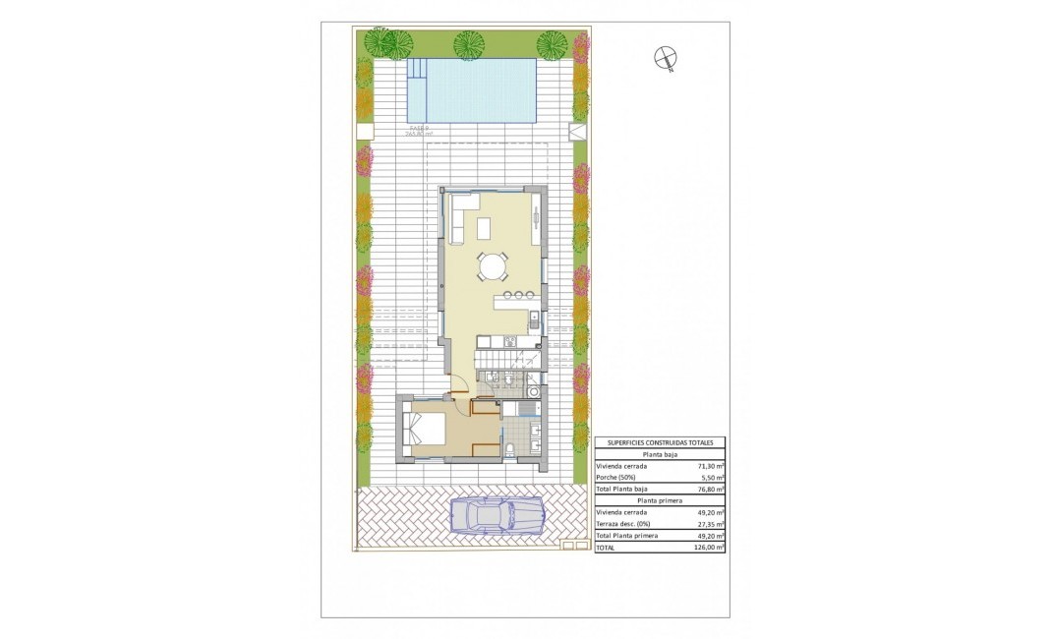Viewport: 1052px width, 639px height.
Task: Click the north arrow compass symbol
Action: tap(666, 59)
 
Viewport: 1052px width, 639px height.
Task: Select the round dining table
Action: tap(493, 265)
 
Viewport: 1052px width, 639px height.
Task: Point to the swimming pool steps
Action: tap(418, 71)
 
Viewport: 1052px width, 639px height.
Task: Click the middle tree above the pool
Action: tap(469, 45)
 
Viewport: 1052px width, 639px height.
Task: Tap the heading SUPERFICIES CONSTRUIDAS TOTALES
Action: tap(660, 443)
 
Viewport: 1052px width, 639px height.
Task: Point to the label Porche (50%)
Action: tap(615, 478)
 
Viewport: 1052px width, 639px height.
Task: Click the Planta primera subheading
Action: tap(660, 500)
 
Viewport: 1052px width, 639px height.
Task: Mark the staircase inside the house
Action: tap(492, 366)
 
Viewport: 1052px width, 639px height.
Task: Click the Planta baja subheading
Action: tap(660, 455)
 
